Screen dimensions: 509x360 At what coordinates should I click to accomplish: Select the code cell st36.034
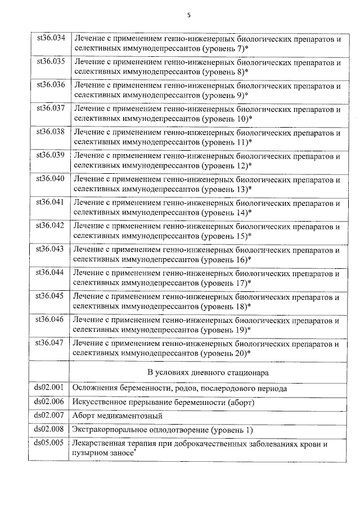51,38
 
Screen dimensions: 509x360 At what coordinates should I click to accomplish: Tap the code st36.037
51,107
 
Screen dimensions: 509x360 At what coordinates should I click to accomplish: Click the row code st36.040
51,178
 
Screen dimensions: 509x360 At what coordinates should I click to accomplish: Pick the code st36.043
51,249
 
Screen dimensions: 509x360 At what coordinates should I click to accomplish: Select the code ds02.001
51,388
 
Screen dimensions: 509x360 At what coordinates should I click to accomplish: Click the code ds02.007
51,416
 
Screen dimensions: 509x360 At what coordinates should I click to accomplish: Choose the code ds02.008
51,430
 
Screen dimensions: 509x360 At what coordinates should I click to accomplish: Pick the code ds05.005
51,443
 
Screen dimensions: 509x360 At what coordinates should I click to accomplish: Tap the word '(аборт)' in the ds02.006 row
241,402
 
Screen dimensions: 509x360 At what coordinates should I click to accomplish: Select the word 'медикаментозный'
130,416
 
